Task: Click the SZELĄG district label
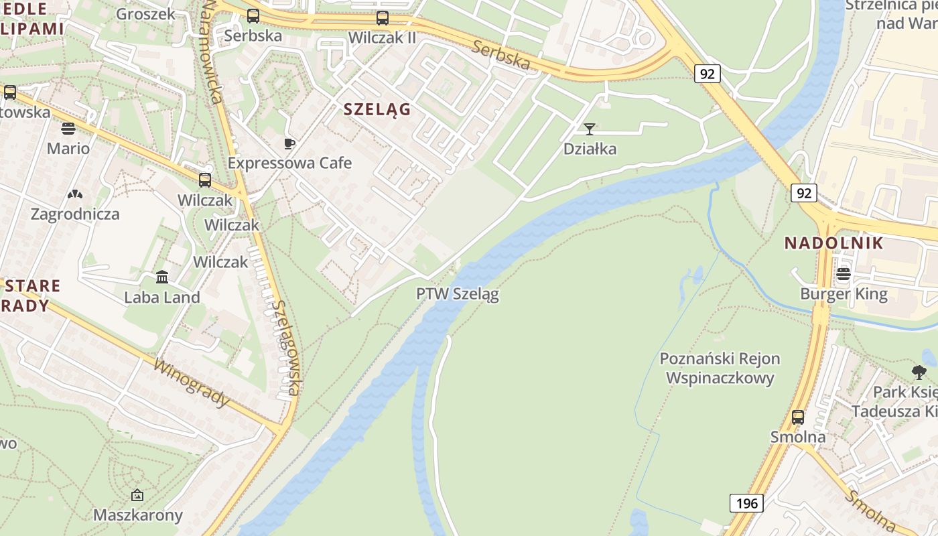point(377,109)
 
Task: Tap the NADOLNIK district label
point(833,243)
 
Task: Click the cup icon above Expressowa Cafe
point(289,143)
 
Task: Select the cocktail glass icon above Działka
point(590,129)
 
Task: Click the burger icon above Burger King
point(844,273)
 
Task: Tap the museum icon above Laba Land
point(162,277)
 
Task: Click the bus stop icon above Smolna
point(797,417)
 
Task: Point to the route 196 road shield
point(746,503)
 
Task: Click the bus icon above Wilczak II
point(383,18)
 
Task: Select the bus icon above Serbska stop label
point(253,16)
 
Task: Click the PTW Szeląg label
point(458,293)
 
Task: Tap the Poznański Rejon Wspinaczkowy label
point(720,368)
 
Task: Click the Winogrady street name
point(192,384)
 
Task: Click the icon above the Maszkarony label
point(137,495)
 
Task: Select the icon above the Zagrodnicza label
point(75,194)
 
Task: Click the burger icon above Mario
point(68,128)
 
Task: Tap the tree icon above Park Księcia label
point(919,372)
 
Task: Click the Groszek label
point(145,14)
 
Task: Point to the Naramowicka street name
point(212,52)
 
